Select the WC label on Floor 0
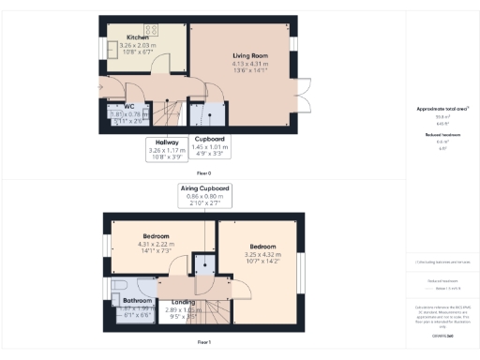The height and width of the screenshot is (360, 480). [x=118, y=106]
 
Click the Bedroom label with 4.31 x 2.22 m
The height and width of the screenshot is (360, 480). [x=156, y=235]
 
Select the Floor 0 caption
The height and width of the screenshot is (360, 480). [x=203, y=173]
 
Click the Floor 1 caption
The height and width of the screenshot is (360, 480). [x=203, y=342]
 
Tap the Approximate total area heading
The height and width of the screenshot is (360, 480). [x=438, y=110]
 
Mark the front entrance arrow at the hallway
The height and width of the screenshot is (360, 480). [x=100, y=88]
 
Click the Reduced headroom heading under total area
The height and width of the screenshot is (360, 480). [x=438, y=134]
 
